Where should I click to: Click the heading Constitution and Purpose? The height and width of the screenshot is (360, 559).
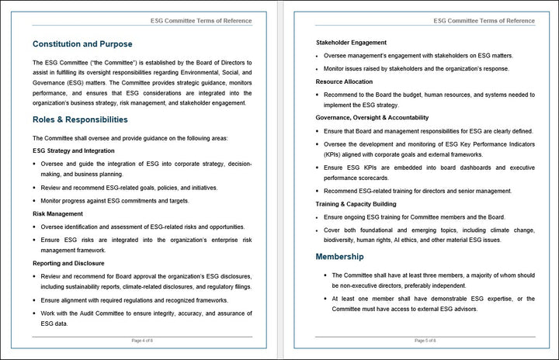click(82, 44)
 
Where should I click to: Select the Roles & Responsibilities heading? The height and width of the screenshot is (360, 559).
click(80, 119)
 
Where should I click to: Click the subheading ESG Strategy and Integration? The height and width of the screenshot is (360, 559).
click(74, 151)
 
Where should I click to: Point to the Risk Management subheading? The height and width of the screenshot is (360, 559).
click(57, 213)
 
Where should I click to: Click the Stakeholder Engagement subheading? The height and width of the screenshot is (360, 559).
click(351, 42)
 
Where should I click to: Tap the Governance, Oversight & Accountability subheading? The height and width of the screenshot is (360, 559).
click(372, 118)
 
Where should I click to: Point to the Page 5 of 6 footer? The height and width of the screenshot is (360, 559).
click(425, 341)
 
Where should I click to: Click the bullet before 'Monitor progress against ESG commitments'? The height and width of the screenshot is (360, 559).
click(35, 200)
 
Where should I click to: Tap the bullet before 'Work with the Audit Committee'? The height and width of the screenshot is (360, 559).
click(35, 313)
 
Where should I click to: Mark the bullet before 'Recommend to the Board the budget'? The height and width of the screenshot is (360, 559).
click(318, 95)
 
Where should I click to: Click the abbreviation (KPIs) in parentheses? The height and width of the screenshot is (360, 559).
click(327, 155)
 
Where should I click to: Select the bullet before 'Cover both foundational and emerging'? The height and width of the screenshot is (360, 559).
click(318, 230)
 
